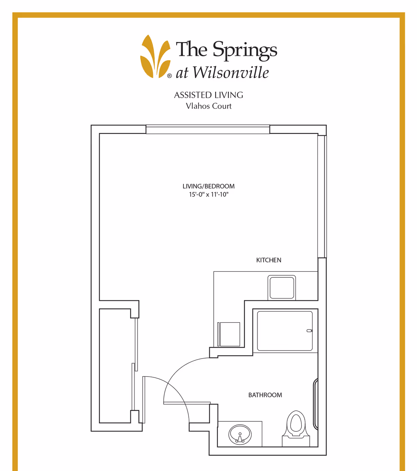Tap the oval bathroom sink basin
point(240,435)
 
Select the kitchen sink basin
point(281,288)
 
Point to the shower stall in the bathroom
point(285,331)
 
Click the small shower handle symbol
point(309,330)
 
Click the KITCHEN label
point(269,260)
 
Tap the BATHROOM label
point(265,395)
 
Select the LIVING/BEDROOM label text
point(208,186)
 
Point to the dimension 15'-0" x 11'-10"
point(208,194)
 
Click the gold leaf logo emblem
point(155,57)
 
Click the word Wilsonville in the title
point(231,72)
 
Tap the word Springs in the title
point(245,51)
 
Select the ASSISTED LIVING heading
point(208,95)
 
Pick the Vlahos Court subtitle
point(208,106)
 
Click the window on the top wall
point(208,129)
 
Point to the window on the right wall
point(322,197)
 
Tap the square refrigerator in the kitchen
point(229,334)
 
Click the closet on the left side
point(115,366)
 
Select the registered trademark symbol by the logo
point(170,76)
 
